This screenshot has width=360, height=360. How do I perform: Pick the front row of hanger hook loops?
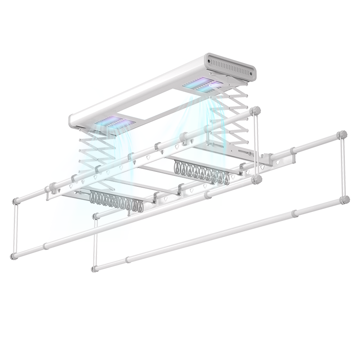point(117,201)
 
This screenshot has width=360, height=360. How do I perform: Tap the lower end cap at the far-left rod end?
point(13,256)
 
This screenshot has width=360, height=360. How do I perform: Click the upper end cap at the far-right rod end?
point(343,134)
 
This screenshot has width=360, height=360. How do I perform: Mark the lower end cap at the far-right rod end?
point(345,198)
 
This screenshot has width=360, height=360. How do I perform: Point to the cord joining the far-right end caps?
point(344,166)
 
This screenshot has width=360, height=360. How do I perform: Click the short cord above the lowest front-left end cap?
point(95,243)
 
